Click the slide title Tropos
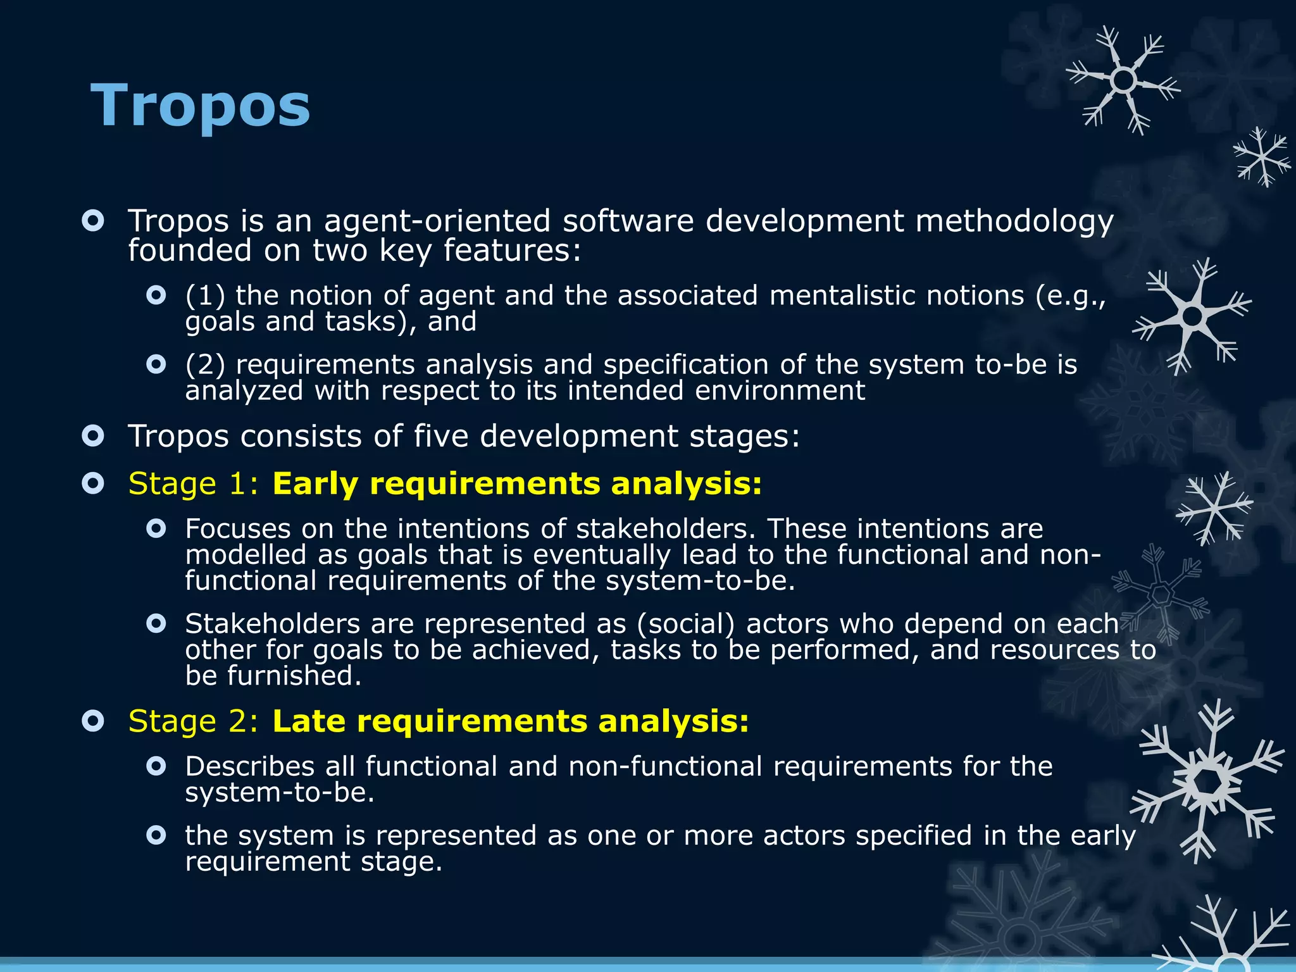pos(201,106)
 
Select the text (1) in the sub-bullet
pos(205,296)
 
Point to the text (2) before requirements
pos(205,365)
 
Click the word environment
pos(780,390)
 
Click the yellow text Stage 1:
pos(193,484)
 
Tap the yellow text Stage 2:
pos(193,721)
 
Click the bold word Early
pos(315,484)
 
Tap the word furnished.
pos(294,676)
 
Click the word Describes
pos(249,767)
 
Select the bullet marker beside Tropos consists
pos(93,436)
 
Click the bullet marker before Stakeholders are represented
pos(156,624)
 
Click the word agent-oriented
pos(437,221)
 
